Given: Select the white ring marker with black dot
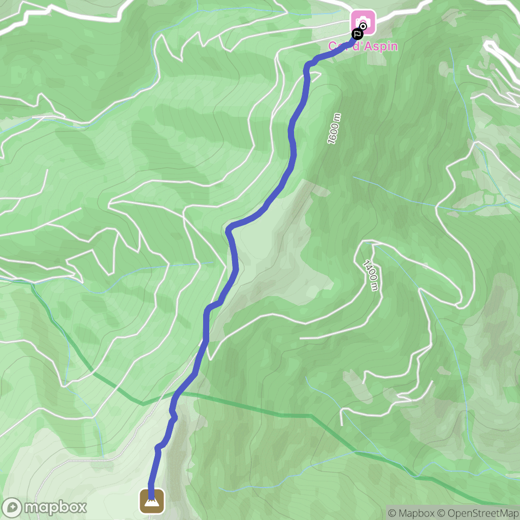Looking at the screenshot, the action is (363, 27).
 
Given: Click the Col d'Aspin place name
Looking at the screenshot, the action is (363, 46).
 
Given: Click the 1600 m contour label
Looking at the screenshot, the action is (334, 129).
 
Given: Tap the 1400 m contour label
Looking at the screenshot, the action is (371, 276).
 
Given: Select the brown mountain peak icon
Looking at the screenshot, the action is (152, 501).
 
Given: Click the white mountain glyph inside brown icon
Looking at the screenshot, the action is (152, 502).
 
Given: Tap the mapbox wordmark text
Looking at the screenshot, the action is (55, 507).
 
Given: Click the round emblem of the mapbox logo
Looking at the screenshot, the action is (13, 507).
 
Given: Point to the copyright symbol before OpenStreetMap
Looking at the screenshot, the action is (441, 513).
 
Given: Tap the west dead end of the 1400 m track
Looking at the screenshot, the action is (301, 337).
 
